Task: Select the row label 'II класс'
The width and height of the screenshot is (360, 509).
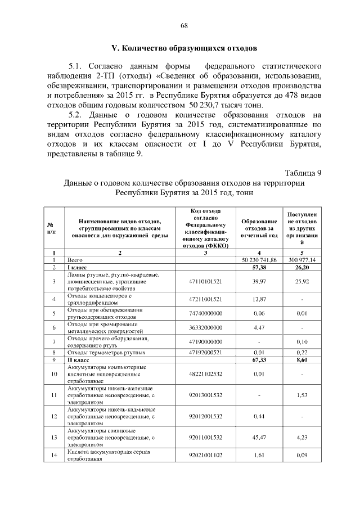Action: pos(76,359)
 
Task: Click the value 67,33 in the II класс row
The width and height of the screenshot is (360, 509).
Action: pos(259,359)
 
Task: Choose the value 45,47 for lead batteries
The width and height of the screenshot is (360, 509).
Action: pos(259,437)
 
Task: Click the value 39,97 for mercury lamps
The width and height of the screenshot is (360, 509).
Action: pos(259,281)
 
